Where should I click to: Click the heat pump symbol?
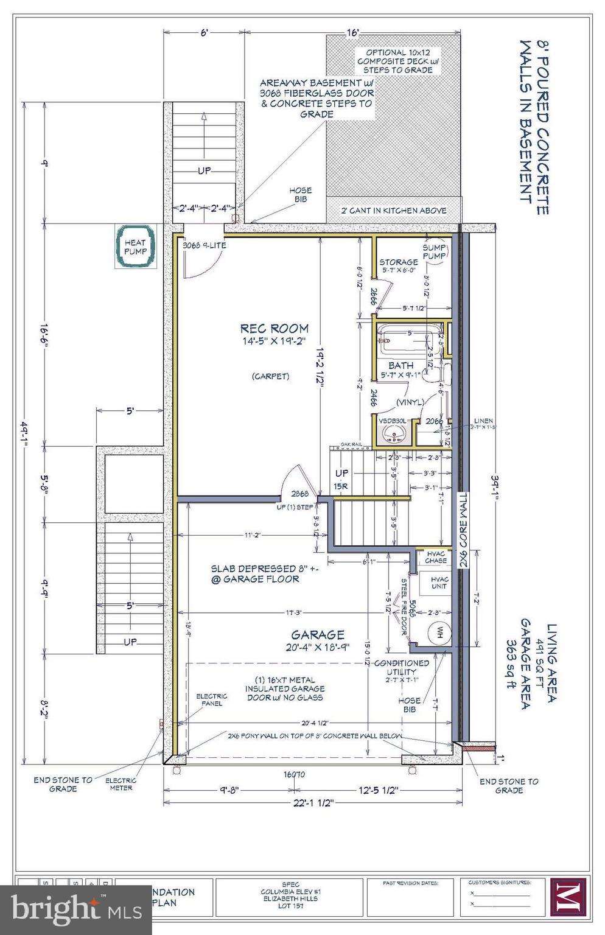point(135,247)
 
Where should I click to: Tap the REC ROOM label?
point(274,329)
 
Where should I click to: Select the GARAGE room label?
point(317,634)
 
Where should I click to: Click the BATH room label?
point(400,365)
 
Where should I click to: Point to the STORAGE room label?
point(399,262)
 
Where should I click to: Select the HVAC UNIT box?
point(438,583)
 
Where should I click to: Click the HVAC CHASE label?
point(436,557)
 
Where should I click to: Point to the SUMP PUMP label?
point(435,252)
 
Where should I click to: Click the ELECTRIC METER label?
point(121,784)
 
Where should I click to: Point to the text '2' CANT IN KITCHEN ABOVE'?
point(393,211)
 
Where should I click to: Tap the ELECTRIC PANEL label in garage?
point(211,699)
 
